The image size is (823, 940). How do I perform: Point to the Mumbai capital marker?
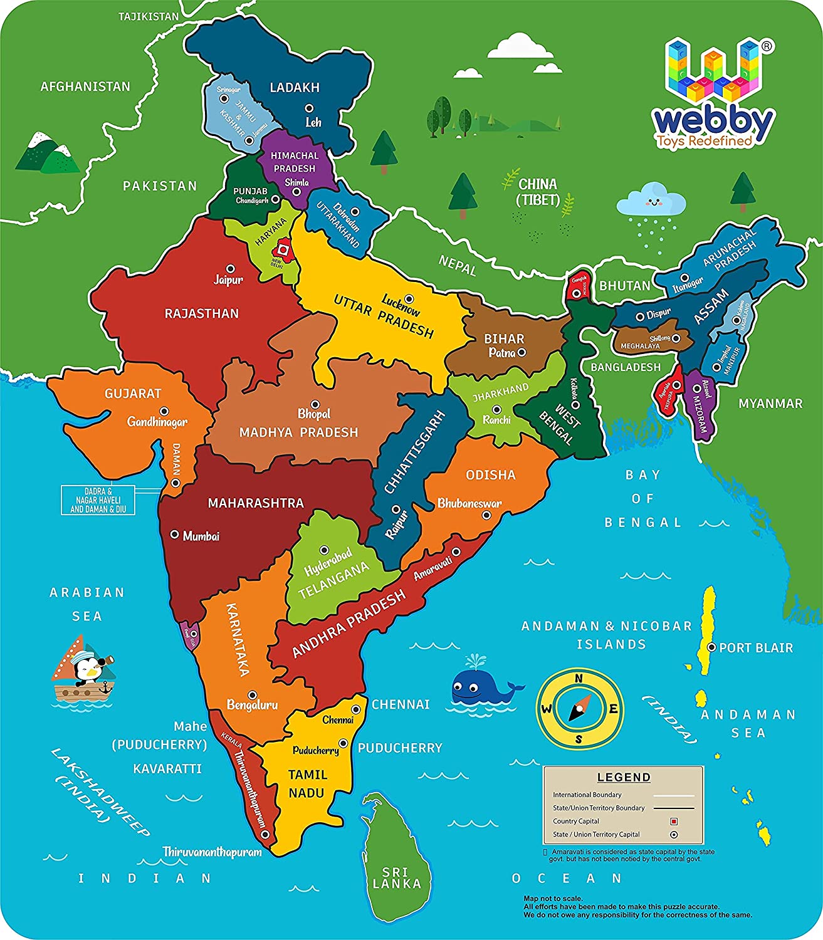(175, 535)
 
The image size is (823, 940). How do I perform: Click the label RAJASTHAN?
(202, 313)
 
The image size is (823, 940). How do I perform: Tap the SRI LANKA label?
(396, 878)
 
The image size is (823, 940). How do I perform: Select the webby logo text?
(713, 122)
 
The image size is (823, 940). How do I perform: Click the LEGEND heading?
(624, 777)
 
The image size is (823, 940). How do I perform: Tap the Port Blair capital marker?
(711, 647)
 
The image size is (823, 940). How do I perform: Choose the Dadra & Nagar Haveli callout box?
(98, 500)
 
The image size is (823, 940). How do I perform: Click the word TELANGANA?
(333, 581)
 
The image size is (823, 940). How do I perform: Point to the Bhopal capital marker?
(315, 405)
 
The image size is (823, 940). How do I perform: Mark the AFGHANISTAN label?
(85, 86)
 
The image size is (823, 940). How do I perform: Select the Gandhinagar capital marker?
(164, 411)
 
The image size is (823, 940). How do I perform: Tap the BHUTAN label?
(624, 286)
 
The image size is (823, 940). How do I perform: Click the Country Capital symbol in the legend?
(674, 821)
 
